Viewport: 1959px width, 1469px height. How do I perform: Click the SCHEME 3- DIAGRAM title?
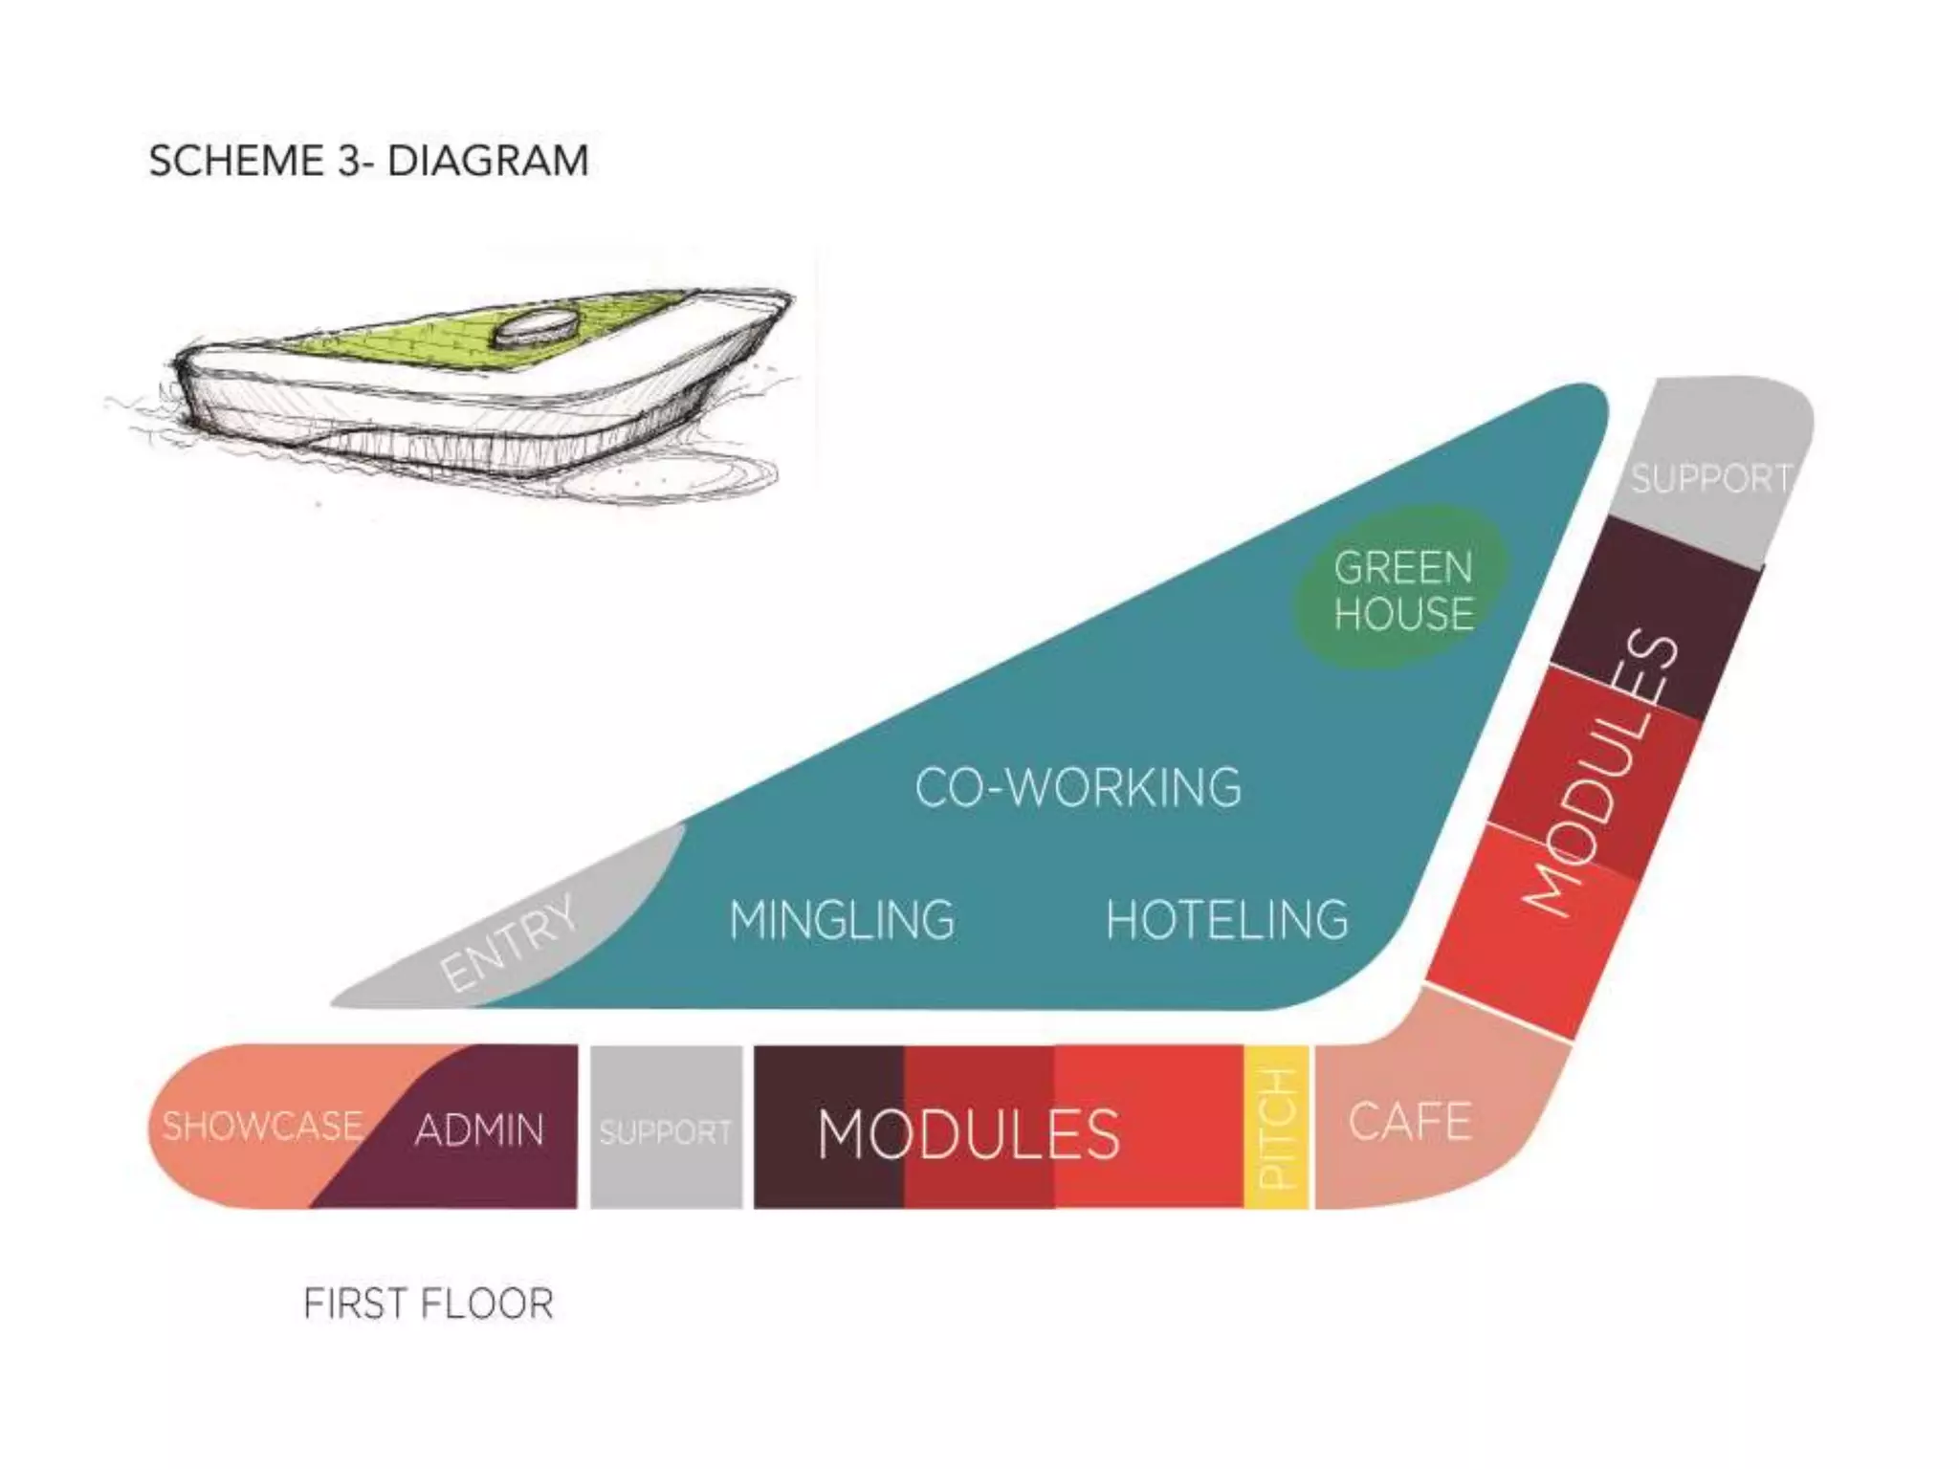pyautogui.click(x=368, y=161)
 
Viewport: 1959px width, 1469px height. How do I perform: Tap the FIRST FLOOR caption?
pyautogui.click(x=428, y=1305)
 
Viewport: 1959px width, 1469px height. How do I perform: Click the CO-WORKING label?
pyautogui.click(x=1078, y=788)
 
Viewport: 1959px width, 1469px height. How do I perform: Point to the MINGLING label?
pyautogui.click(x=842, y=920)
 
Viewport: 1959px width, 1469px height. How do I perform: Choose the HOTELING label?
pyautogui.click(x=1227, y=920)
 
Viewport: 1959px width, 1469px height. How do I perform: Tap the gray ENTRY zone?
pyautogui.click(x=517, y=942)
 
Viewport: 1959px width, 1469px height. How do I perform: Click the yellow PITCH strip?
pyautogui.click(x=1277, y=1127)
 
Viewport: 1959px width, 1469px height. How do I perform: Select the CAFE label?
pyautogui.click(x=1410, y=1122)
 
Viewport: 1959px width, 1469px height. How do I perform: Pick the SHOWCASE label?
pyautogui.click(x=262, y=1126)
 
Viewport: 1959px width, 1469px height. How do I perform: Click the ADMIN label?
pyautogui.click(x=479, y=1130)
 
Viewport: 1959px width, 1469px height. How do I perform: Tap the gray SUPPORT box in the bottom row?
pyautogui.click(x=666, y=1129)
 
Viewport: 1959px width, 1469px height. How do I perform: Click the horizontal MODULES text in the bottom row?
pyautogui.click(x=968, y=1134)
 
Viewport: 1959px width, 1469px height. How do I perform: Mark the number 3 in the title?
pyautogui.click(x=350, y=161)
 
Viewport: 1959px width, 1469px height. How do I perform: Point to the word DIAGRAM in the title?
pyautogui.click(x=488, y=161)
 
